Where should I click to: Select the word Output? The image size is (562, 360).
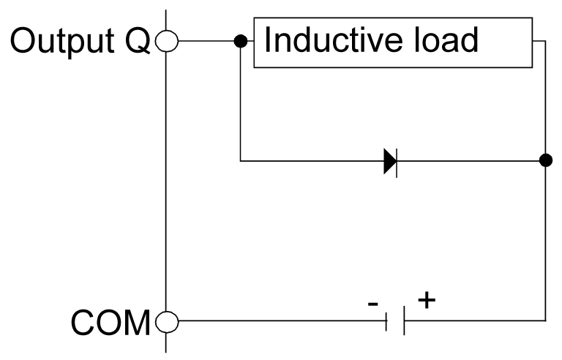click(x=61, y=42)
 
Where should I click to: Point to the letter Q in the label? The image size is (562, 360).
click(x=135, y=42)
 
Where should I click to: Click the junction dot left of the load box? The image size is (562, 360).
click(x=240, y=42)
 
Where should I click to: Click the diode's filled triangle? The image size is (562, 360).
click(x=389, y=160)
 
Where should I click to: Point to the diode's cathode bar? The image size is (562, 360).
click(x=396, y=160)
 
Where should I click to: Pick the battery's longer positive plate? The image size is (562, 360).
click(x=403, y=320)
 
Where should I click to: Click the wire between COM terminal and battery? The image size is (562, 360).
click(x=278, y=320)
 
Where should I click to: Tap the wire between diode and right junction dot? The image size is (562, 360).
click(x=468, y=160)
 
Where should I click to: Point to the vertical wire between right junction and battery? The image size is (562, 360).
click(x=544, y=241)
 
